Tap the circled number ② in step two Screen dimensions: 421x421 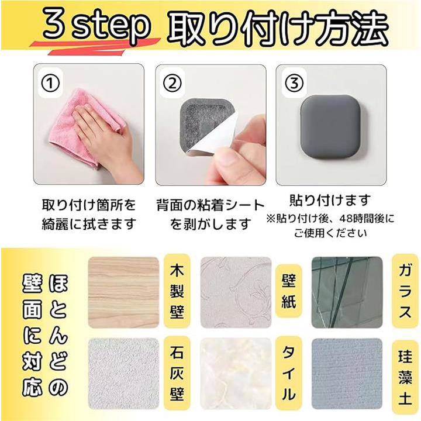[172, 83]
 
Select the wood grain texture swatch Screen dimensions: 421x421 [123, 292]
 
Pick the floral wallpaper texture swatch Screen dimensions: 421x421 [236, 292]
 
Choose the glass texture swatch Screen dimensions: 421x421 [347, 292]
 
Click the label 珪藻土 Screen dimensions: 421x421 [405, 377]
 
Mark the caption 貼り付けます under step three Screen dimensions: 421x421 [330, 201]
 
